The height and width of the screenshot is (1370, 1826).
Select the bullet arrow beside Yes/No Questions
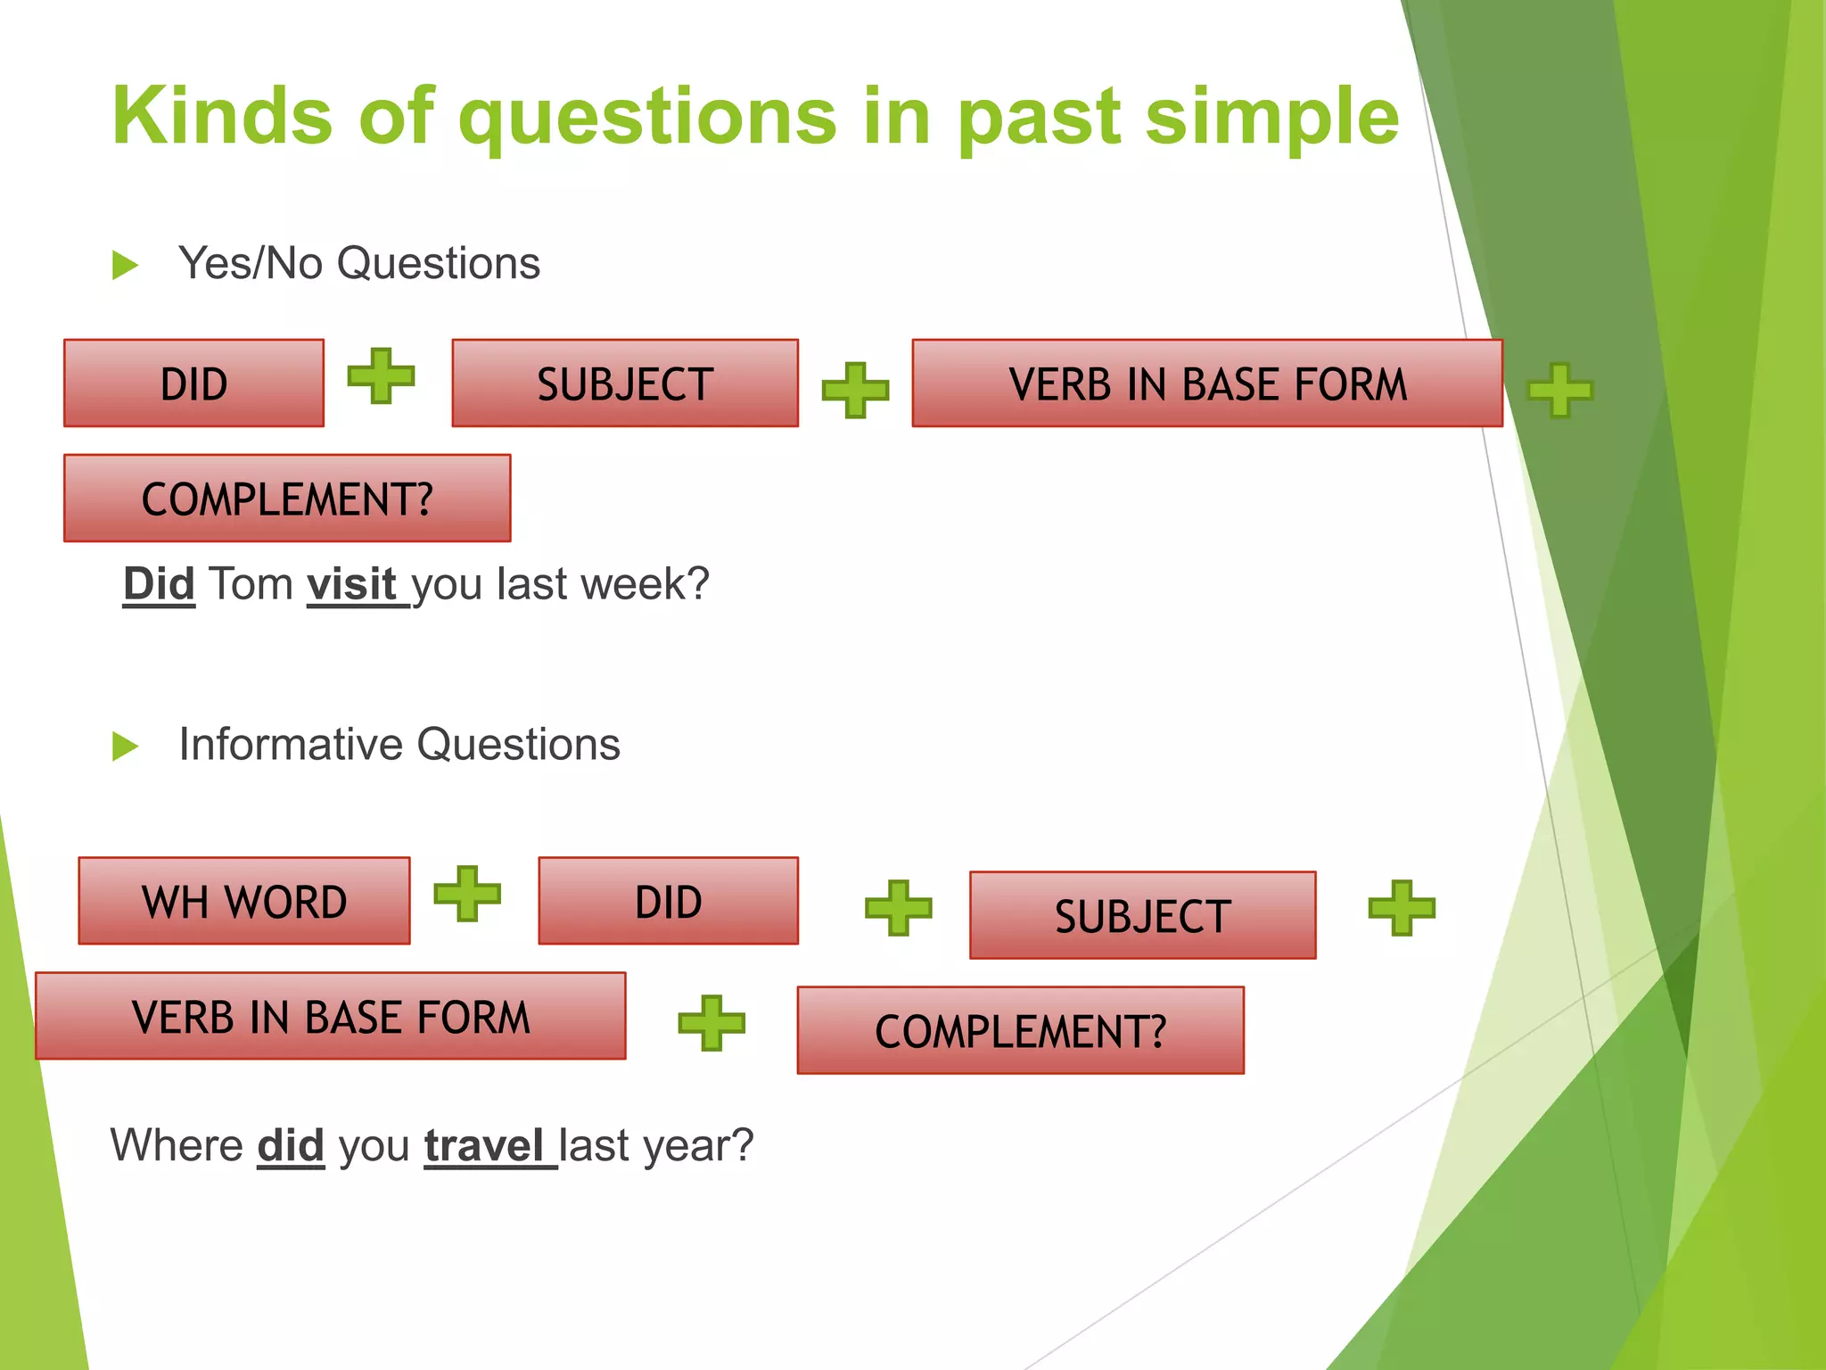[125, 265]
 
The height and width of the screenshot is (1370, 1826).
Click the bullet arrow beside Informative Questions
[125, 746]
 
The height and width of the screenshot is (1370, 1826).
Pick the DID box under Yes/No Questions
[193, 384]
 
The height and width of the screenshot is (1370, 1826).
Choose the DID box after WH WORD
[668, 901]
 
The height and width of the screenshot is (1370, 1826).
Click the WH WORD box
[244, 901]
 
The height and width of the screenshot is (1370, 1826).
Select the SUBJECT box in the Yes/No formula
[624, 384]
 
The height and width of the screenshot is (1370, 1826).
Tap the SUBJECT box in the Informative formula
[1142, 915]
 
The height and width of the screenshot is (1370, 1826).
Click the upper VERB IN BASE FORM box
[1206, 384]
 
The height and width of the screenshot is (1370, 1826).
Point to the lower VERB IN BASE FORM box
[330, 1016]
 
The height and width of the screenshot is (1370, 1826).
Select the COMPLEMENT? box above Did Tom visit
[287, 498]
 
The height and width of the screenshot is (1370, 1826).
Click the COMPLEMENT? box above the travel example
[1020, 1030]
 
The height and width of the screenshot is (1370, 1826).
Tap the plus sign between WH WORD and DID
[467, 893]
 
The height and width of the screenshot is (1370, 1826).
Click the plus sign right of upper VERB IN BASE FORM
[1559, 390]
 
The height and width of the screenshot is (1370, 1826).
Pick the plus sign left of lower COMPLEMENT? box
[711, 1022]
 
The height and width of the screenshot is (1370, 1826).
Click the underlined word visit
[351, 584]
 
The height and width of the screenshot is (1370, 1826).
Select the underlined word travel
[484, 1145]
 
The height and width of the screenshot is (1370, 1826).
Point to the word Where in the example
[177, 1145]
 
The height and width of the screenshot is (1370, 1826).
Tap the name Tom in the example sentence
[251, 584]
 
